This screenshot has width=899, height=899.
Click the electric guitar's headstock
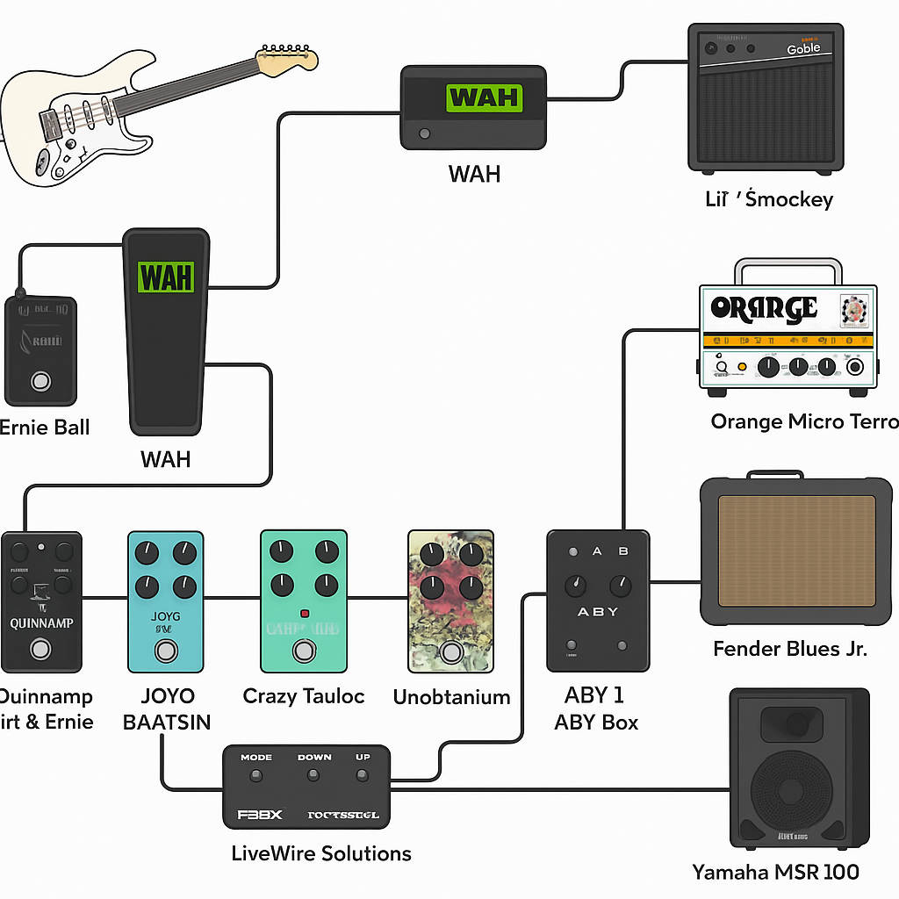point(286,58)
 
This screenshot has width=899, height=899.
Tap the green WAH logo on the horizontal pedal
point(484,97)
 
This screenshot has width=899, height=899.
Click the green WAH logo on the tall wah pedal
point(165,277)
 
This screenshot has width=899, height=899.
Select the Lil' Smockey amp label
point(768,199)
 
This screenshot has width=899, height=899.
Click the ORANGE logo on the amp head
point(763,308)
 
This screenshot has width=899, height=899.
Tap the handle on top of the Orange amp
point(787,269)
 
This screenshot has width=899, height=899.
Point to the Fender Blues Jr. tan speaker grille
point(796,550)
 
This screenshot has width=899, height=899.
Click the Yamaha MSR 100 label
point(775,872)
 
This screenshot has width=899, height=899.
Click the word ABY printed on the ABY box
point(597,612)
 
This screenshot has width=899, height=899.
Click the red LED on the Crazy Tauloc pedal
point(304,613)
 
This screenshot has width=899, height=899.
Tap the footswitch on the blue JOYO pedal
point(165,651)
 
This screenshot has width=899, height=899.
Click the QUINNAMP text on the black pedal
point(41,623)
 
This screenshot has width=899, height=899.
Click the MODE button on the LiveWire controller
point(255,775)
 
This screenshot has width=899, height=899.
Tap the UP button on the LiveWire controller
point(361,775)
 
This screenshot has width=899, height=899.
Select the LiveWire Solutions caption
point(321,853)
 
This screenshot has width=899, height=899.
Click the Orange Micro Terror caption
point(803,422)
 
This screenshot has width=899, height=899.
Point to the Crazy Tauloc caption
point(304,697)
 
